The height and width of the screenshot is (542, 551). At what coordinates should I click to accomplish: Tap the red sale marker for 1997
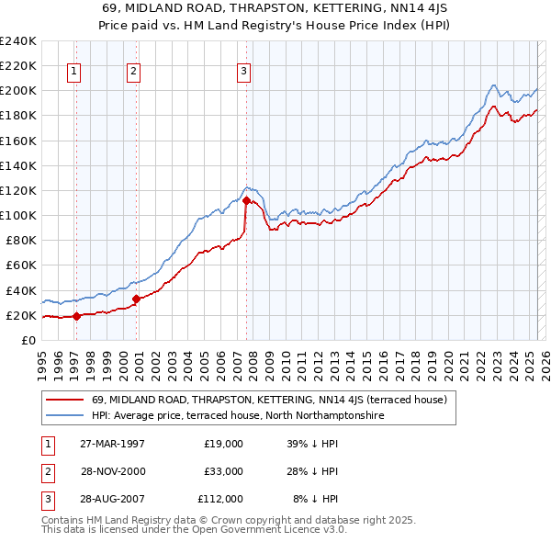[x=77, y=316]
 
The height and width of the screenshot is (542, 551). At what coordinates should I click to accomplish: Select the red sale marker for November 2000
[x=136, y=299]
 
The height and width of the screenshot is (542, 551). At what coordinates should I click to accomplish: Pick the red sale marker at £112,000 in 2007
[x=246, y=200]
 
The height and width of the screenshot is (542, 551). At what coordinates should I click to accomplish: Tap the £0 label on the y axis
[x=28, y=340]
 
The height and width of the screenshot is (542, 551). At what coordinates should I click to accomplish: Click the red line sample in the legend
[x=65, y=400]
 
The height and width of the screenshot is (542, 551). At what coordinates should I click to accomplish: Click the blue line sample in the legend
[x=65, y=415]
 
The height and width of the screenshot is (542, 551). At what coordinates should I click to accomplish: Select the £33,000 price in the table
[x=223, y=471]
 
